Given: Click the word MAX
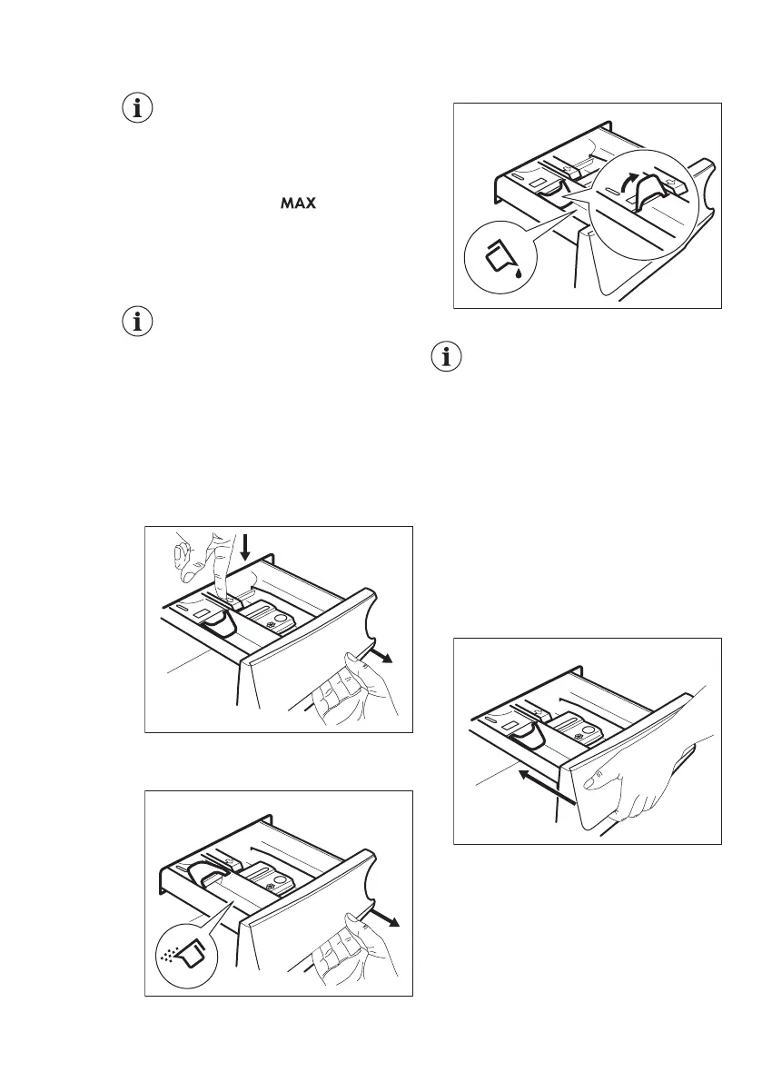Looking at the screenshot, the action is [x=298, y=204].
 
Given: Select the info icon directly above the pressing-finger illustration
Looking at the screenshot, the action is [x=138, y=322].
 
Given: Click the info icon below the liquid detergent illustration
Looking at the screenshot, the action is [x=445, y=358].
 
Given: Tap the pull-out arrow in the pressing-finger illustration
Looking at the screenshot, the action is [x=385, y=657].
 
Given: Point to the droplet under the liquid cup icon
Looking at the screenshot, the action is [x=516, y=272].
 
